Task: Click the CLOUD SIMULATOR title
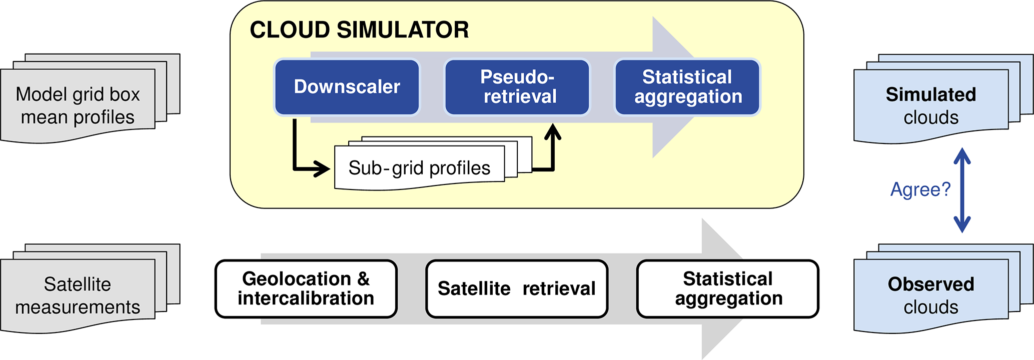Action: [x=359, y=30]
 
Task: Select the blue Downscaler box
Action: [x=347, y=87]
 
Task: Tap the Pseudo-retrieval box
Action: [x=517, y=87]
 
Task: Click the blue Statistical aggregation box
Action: [x=687, y=87]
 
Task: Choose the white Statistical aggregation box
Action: [x=728, y=288]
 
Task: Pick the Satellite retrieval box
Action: [x=517, y=288]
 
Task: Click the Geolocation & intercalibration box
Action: [x=306, y=288]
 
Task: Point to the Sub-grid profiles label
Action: [x=419, y=168]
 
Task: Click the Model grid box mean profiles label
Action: [x=78, y=105]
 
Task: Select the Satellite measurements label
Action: [x=78, y=295]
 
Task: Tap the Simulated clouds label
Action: [x=930, y=105]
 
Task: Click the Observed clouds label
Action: [x=930, y=295]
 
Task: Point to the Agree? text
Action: [x=920, y=189]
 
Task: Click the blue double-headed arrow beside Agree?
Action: [x=962, y=190]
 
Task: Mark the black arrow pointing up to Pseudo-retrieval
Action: [x=552, y=150]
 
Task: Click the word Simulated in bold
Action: [x=930, y=94]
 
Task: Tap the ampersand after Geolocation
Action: [x=364, y=279]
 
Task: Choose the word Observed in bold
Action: [x=930, y=284]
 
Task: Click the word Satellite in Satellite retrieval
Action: [x=474, y=288]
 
